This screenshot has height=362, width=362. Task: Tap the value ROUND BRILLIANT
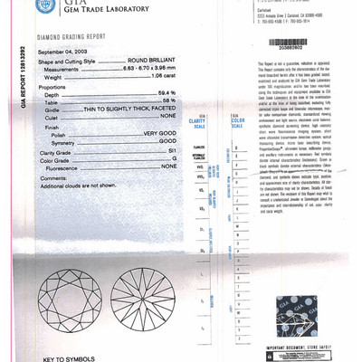(149, 60)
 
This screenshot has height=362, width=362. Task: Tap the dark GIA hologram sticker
(308, 317)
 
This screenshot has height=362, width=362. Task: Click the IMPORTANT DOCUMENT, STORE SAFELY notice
(304, 348)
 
